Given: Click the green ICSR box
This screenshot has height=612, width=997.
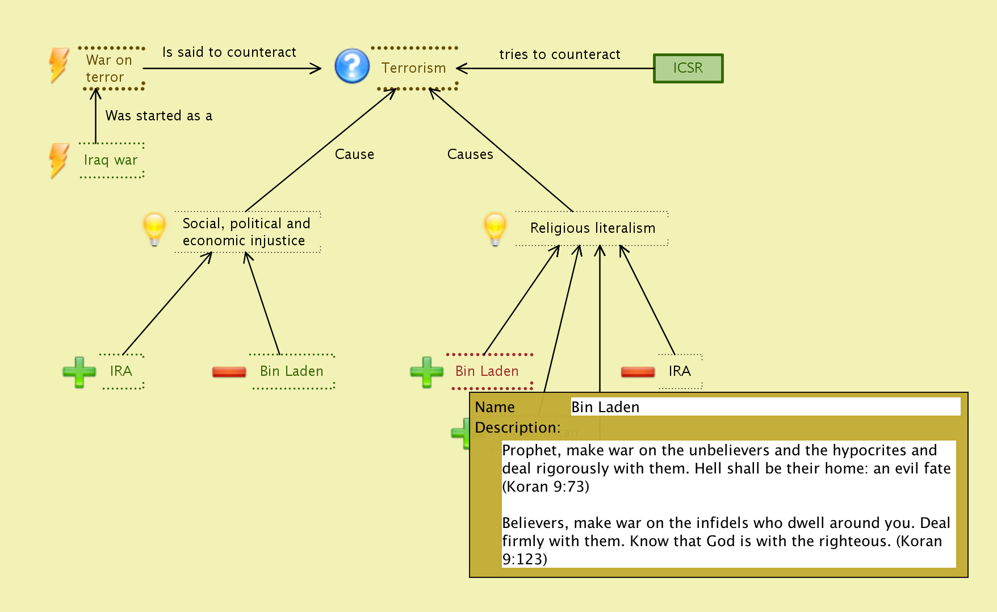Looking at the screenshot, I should click(688, 68).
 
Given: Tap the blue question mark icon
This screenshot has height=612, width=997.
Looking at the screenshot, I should click(352, 66).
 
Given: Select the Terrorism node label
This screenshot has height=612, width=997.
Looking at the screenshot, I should click(414, 68).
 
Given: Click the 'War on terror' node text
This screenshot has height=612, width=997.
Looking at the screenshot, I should click(108, 68).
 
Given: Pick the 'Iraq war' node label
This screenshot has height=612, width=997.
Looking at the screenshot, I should click(111, 160).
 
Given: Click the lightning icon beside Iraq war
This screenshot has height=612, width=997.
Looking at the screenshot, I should click(59, 160).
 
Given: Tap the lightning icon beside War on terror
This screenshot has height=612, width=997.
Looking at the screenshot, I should click(59, 65).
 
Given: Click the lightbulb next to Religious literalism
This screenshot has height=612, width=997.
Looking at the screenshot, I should click(495, 229).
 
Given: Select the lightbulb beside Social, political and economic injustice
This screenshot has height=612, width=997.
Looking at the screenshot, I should click(154, 229).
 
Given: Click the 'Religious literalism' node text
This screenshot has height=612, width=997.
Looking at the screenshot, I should click(593, 228).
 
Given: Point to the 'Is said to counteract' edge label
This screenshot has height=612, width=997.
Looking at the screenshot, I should click(229, 52).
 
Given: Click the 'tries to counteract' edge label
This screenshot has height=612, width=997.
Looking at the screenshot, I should click(560, 55).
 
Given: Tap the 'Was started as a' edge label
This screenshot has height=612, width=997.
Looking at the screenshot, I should click(159, 116).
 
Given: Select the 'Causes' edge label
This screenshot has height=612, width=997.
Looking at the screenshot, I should click(470, 154).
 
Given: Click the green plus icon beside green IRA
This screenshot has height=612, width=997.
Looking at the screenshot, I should click(79, 372).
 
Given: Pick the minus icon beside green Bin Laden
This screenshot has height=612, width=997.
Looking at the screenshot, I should click(229, 372).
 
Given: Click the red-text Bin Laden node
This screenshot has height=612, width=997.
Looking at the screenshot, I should click(487, 371).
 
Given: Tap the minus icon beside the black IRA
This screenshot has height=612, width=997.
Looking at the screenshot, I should click(638, 372).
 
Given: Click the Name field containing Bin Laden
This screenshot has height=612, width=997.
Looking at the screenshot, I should click(765, 407).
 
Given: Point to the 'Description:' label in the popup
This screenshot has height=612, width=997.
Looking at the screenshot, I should click(517, 427).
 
